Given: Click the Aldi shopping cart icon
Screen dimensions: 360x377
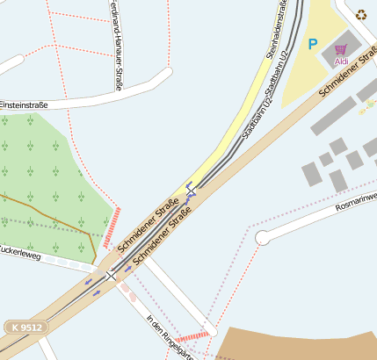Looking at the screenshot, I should pyautogui.click(x=341, y=49).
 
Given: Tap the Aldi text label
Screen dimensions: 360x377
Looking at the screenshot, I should pyautogui.click(x=341, y=61).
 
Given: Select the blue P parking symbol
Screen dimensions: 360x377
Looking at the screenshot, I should pyautogui.click(x=312, y=43).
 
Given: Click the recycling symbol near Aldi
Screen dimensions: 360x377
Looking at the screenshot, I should pyautogui.click(x=362, y=13).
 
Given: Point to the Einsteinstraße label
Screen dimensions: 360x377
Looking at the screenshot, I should pyautogui.click(x=24, y=104).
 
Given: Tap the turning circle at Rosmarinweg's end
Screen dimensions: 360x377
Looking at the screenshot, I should pyautogui.click(x=262, y=238).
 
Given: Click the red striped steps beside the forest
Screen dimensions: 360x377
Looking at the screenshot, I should pyautogui.click(x=112, y=227).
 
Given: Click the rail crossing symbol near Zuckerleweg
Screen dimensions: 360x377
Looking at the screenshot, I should pyautogui.click(x=111, y=276).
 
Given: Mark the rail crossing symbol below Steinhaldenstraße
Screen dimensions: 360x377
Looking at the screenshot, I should pyautogui.click(x=191, y=187).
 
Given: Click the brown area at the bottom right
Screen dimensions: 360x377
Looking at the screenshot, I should pyautogui.click(x=299, y=344).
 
